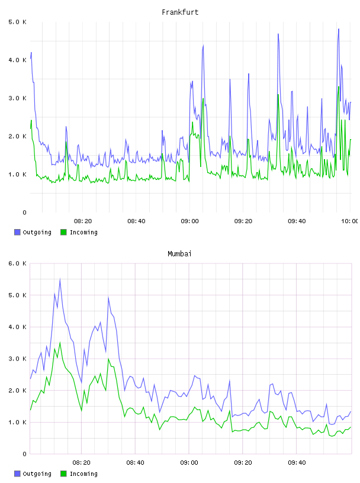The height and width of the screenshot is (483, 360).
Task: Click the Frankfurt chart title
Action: (x=180, y=12)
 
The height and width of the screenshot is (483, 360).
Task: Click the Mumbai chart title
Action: (x=179, y=253)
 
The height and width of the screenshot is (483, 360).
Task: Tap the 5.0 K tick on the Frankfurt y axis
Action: (x=17, y=22)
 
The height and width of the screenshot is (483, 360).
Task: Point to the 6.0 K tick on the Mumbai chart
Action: (x=17, y=263)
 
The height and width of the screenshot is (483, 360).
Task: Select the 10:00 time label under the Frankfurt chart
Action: (x=350, y=221)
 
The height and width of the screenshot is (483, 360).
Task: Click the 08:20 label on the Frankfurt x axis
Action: (x=83, y=221)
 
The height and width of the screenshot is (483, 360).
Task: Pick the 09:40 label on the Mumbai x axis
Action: (x=297, y=462)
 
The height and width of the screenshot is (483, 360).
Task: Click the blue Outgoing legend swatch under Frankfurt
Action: (x=17, y=232)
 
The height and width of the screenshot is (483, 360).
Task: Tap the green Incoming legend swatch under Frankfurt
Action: (x=63, y=232)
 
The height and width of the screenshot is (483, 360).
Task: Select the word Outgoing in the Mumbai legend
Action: (x=37, y=474)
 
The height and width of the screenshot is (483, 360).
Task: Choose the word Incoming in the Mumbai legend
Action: (x=83, y=474)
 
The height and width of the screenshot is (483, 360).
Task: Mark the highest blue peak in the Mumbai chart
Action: (x=60, y=279)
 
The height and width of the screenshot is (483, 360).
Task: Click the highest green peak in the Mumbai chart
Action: (x=60, y=343)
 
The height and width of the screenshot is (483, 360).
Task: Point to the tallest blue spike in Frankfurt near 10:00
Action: (x=339, y=29)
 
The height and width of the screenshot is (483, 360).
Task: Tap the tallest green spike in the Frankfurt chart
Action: (x=339, y=87)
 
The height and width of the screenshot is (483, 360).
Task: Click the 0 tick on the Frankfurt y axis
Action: (x=24, y=212)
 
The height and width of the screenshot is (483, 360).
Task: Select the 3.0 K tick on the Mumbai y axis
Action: (x=17, y=359)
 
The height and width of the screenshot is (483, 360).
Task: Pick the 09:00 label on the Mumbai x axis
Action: (x=189, y=462)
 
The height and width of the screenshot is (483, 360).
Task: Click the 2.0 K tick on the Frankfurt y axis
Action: (x=17, y=136)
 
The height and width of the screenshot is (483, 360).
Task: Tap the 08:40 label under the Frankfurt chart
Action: (x=136, y=221)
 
